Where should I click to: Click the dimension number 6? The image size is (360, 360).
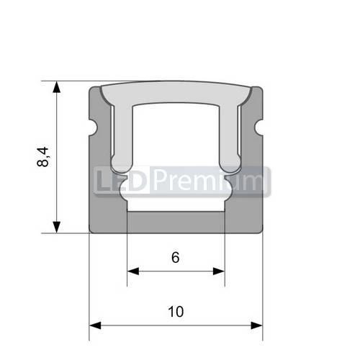coord(176,258)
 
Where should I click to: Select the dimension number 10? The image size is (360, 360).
coord(176,312)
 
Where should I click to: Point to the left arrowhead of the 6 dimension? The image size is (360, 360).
coord(132,271)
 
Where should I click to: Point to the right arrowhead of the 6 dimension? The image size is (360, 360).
coord(220,271)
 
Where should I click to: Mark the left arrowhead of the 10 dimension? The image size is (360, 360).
coord(94,325)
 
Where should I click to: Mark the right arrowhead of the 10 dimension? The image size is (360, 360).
coord(258,325)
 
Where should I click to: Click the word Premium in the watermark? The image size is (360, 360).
coord(209,181)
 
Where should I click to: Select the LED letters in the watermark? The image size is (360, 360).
coord(122,181)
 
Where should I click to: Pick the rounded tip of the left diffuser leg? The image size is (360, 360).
coord(119,163)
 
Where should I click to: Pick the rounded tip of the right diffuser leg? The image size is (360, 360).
coord(233,163)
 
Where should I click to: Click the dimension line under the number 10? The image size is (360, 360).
coord(176,325)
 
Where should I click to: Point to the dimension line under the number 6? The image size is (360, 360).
coord(176,271)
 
